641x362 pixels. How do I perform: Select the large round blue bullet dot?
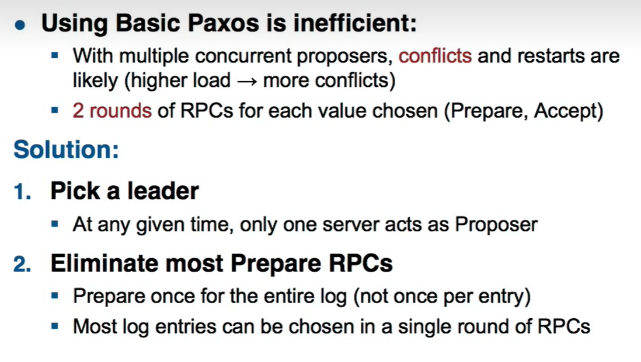click(20, 25)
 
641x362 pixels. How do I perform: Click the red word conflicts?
click(435, 55)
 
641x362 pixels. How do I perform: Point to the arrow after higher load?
click(248, 81)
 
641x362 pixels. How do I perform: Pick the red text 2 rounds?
click(112, 110)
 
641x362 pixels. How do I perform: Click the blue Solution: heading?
click(66, 149)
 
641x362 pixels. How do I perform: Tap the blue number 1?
click(23, 191)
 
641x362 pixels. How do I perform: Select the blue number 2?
click(22, 263)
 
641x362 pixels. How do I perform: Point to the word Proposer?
click(496, 224)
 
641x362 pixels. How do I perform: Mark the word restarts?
click(551, 56)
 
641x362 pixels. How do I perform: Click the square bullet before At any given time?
click(55, 223)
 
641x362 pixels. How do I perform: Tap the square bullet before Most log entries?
click(55, 326)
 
